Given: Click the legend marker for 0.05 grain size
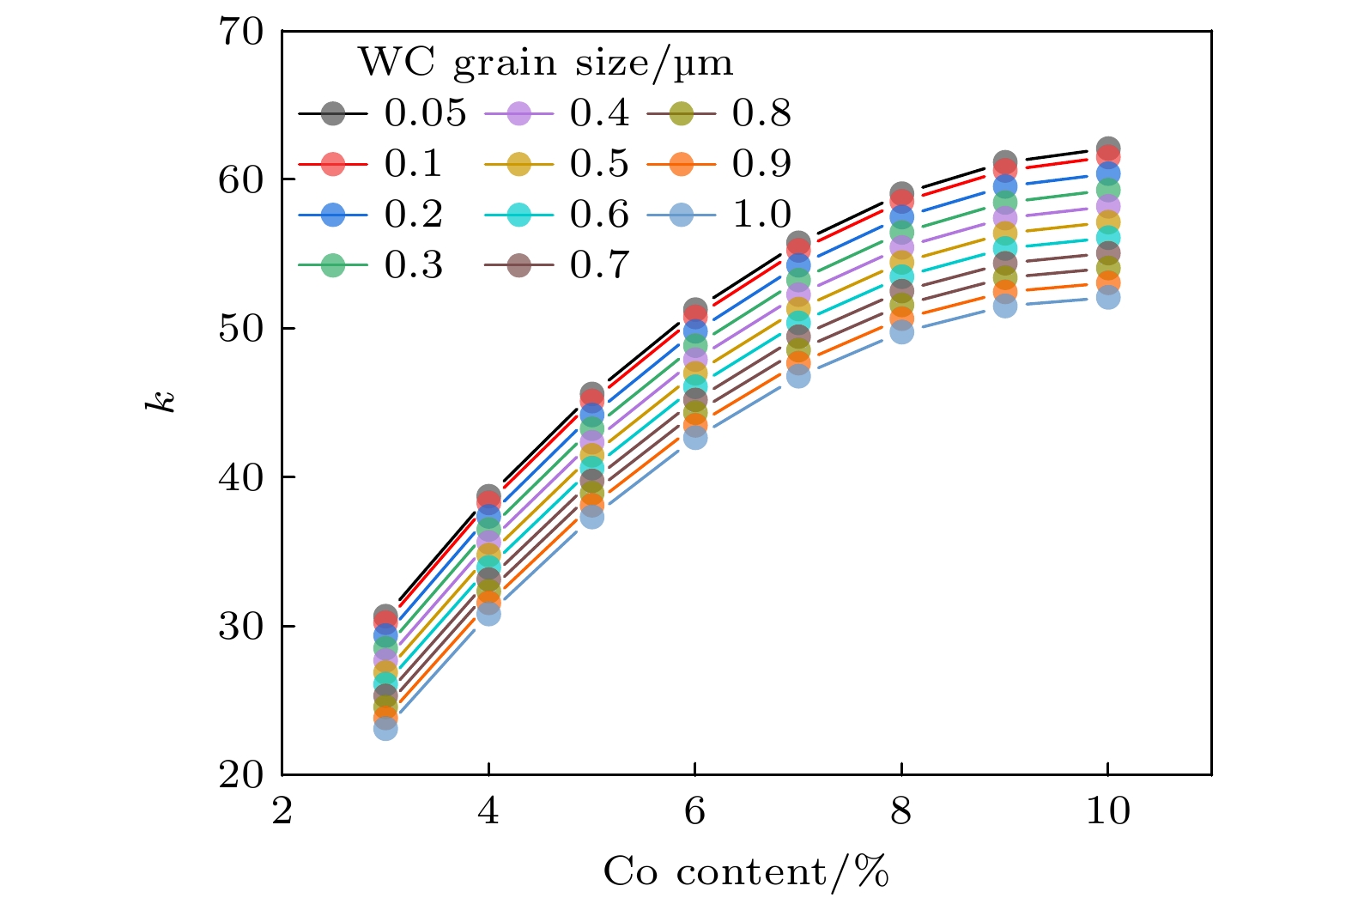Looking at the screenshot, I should click(333, 113).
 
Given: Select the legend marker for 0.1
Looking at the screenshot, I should click(333, 164).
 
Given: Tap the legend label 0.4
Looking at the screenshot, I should click(599, 113).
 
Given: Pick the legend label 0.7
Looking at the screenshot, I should click(599, 265).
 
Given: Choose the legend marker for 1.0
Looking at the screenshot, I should click(681, 215).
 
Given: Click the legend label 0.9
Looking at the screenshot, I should click(761, 164).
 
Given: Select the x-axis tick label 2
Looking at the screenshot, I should click(282, 811).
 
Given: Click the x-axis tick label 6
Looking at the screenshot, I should click(694, 811).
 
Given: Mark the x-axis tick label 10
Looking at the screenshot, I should click(1107, 811).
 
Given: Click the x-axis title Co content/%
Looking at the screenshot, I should click(746, 871).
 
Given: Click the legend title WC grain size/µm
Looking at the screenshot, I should click(545, 64).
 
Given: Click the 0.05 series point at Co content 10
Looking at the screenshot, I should click(1108, 148).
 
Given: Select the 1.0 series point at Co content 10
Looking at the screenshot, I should click(1108, 298).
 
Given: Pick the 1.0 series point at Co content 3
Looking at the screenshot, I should click(385, 729).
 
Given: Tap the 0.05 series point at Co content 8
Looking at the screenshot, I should click(901, 193).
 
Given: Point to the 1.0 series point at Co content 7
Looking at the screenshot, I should click(798, 376).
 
